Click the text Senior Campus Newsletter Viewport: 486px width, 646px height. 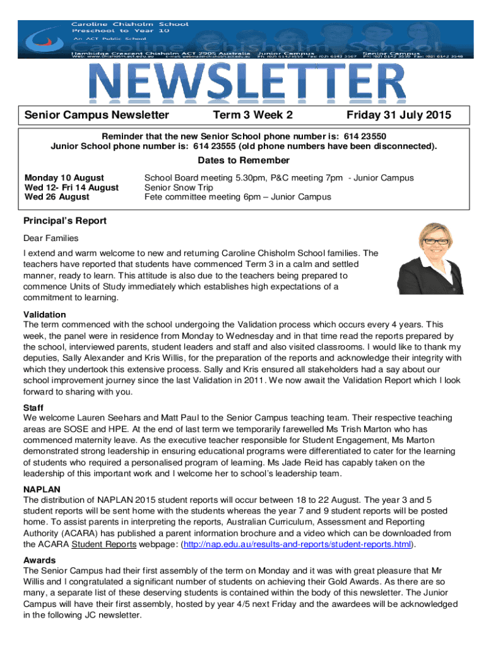point(97,115)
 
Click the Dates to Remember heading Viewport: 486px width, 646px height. point(243,160)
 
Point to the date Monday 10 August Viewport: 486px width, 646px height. point(64,178)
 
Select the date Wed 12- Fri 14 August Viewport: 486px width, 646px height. point(71,187)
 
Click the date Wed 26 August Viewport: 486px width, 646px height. point(57,197)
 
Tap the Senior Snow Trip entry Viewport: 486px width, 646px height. point(179,187)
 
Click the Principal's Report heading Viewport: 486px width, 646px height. point(64,221)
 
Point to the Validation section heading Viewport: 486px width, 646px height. point(44,314)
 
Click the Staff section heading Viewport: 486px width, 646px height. point(33,408)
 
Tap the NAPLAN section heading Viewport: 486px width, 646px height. point(42,489)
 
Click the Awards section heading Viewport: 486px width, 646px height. point(39,560)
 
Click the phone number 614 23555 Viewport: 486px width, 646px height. point(216,146)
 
